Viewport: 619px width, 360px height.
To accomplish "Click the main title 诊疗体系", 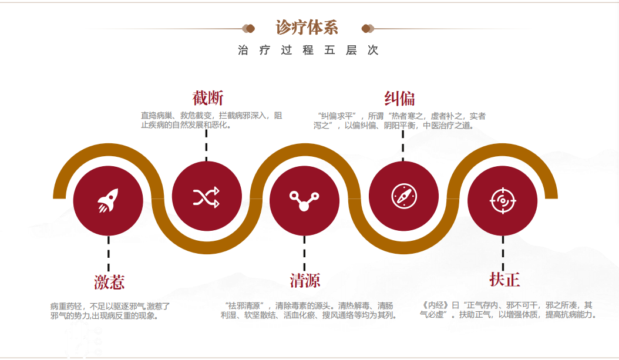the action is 307,28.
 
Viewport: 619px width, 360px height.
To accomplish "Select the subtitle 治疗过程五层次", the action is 308,51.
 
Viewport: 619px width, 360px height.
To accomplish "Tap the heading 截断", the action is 208,97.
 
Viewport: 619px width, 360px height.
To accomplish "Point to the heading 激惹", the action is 109,282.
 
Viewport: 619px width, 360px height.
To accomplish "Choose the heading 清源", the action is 305,280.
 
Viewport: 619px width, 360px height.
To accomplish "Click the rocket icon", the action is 109,200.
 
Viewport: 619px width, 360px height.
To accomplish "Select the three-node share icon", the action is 304,200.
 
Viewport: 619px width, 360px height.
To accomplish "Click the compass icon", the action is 403,196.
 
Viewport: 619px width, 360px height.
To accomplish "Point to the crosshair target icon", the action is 503,200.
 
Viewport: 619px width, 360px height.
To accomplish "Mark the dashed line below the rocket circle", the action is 109,253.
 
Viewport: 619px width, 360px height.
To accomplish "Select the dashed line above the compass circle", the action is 403,145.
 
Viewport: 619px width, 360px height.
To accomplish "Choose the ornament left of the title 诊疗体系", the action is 249,28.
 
